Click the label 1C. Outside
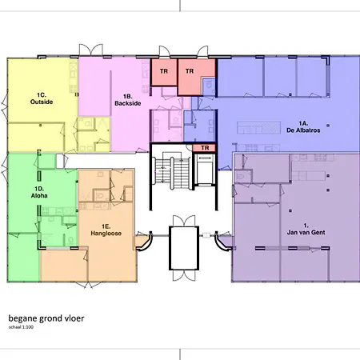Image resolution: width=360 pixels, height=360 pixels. [x=42, y=98]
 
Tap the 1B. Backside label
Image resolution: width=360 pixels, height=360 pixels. [x=128, y=100]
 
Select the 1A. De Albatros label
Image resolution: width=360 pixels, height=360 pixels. [x=303, y=127]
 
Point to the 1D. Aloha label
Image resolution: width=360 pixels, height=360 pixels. [x=39, y=192]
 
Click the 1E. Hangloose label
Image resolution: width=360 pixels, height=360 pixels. [x=106, y=230]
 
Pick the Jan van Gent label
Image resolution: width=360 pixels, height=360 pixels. [x=306, y=229]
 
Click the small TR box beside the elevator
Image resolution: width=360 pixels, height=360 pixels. [x=205, y=148]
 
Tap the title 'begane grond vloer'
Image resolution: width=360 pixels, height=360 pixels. [x=46, y=318]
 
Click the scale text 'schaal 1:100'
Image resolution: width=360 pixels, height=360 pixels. [x=21, y=327]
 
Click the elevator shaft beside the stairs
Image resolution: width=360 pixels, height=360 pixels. [x=205, y=169]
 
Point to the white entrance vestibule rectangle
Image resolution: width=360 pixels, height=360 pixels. [x=184, y=248]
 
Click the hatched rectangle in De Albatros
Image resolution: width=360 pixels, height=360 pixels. [x=259, y=127]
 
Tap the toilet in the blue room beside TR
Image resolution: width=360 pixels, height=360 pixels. [x=210, y=85]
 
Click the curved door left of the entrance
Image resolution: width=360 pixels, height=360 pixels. [x=146, y=242]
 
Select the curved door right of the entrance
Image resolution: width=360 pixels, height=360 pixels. [x=222, y=242]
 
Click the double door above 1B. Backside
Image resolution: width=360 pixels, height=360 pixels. [x=90, y=50]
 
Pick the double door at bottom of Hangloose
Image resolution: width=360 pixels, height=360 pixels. [x=89, y=285]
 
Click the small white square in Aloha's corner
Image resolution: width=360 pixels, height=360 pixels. [x=60, y=161]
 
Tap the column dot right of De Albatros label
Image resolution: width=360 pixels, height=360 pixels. [x=328, y=126]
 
